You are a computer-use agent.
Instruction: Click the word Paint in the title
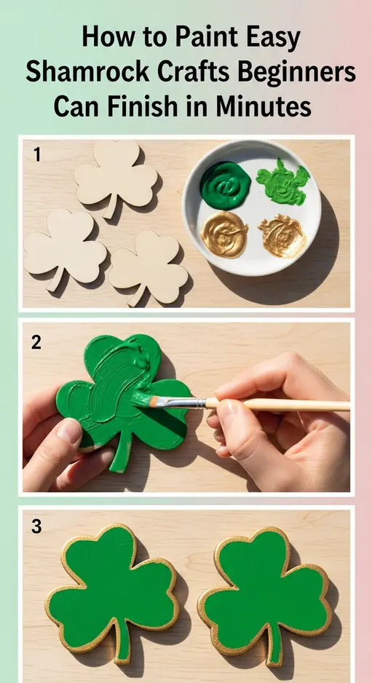point(183,38)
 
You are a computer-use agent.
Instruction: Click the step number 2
point(37,341)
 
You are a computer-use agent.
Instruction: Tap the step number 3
point(37,527)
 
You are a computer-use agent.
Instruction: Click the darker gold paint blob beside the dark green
point(224,232)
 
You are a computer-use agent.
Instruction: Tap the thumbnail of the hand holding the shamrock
point(71,432)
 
